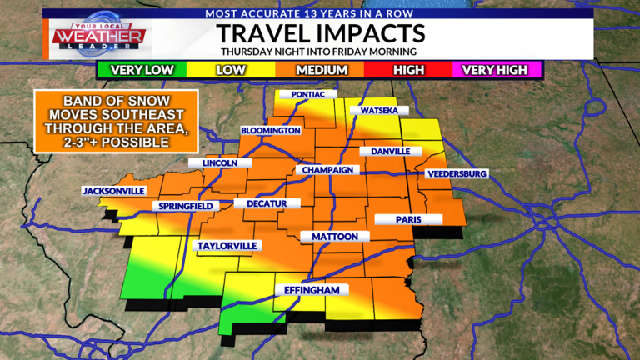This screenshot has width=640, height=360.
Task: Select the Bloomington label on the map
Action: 270,131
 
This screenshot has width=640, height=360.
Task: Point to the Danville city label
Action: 385,152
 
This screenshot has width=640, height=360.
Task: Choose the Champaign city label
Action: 328,170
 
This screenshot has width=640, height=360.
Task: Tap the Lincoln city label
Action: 220,163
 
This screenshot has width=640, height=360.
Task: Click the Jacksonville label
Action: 113,191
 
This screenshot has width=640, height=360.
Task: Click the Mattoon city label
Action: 334,237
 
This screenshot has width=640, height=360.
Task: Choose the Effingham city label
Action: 310,290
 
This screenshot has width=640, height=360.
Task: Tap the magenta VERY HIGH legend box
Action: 496,70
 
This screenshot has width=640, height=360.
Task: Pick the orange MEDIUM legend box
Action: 321,70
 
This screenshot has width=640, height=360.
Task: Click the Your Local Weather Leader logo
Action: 100,36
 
